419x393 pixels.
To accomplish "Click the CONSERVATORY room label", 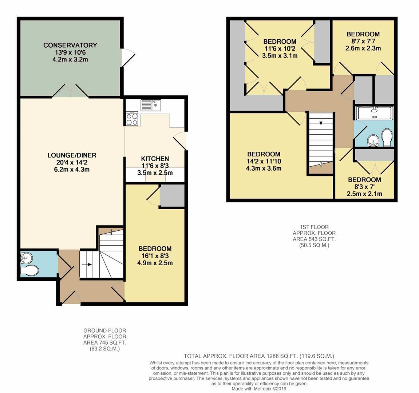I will point(70,45).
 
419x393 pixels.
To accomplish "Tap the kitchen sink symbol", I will point(151,105).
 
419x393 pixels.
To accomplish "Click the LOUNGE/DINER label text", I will point(72,155).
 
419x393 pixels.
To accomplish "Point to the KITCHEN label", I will point(155,159).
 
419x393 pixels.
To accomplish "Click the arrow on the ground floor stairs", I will point(88,265).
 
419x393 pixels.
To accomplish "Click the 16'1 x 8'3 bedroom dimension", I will point(155,256).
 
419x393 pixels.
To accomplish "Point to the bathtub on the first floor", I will point(374,113).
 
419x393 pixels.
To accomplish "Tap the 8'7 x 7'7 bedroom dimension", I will point(363,41).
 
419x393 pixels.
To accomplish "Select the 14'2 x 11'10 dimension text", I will point(264,161).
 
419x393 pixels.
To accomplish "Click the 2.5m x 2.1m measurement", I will point(364,194).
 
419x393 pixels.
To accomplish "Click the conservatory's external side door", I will point(128,58).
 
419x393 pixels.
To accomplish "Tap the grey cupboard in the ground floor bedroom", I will point(172,196).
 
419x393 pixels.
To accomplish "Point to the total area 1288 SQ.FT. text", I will point(259,356).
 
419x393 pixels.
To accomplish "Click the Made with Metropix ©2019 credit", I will point(259,389).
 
